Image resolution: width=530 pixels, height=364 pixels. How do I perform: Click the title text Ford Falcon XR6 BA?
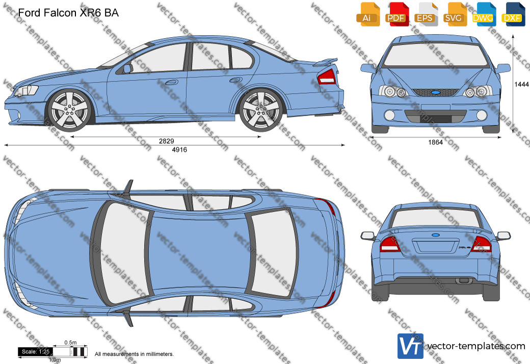pyautogui.click(x=68, y=13)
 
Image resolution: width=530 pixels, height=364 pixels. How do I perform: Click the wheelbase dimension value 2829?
pyautogui.click(x=166, y=141)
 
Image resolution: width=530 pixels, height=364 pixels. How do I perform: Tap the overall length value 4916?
pyautogui.click(x=179, y=149)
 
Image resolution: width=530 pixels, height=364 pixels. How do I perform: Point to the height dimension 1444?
pyautogui.click(x=521, y=84)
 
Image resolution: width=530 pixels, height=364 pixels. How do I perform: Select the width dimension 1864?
pyautogui.click(x=435, y=142)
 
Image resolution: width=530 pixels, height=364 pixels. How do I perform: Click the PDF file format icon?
pyautogui.click(x=396, y=14)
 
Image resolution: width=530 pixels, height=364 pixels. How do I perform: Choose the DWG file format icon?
pyautogui.click(x=483, y=14)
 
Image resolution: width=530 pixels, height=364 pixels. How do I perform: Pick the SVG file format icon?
pyautogui.click(x=454, y=14)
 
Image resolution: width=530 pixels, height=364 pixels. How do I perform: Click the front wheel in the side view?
pyautogui.click(x=70, y=110)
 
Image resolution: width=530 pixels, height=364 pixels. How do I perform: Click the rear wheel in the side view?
pyautogui.click(x=261, y=110)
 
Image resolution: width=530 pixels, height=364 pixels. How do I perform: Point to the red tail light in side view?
pyautogui.click(x=327, y=77)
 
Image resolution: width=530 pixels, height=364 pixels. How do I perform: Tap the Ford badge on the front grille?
pyautogui.click(x=436, y=92)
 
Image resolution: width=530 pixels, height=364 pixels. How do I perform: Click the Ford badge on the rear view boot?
pyautogui.click(x=436, y=235)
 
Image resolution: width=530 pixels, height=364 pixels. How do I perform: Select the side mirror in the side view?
pyautogui.click(x=127, y=69)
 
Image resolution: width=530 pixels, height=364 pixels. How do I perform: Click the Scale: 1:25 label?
pyautogui.click(x=35, y=352)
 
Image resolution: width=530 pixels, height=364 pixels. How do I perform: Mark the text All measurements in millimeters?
pyautogui.click(x=134, y=354)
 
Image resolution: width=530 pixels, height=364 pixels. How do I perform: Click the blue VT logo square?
pyautogui.click(x=410, y=346)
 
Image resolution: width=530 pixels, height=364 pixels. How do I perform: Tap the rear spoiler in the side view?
pyautogui.click(x=325, y=62)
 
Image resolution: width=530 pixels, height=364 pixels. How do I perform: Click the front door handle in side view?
pyautogui.click(x=171, y=82)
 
